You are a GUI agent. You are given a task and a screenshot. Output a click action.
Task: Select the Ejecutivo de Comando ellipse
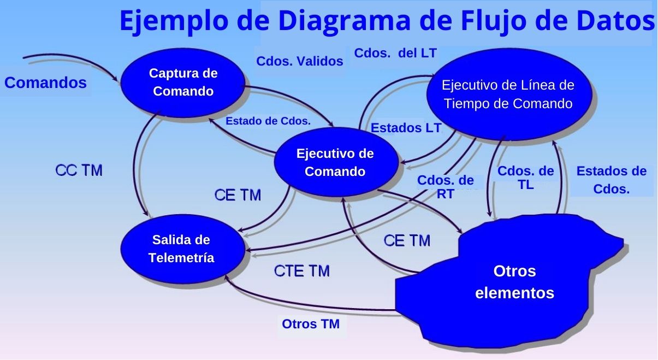335,162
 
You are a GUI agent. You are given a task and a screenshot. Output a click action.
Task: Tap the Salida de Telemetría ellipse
181,249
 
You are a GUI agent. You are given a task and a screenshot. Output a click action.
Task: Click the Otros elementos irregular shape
514,282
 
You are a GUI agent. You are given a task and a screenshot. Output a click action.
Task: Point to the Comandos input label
46,83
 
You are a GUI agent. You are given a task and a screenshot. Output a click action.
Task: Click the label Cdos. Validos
300,62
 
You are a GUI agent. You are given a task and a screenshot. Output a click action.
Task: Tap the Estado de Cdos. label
268,121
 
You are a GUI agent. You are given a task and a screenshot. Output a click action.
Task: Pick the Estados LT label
406,128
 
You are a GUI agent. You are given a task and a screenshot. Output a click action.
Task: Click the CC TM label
79,170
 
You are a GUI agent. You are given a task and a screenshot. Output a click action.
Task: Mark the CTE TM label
301,271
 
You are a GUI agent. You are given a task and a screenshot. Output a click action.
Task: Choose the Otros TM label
311,324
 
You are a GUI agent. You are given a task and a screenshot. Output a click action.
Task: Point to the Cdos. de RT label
445,187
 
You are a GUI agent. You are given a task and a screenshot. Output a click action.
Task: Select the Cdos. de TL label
525,178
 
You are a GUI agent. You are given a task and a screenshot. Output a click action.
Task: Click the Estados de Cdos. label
611,180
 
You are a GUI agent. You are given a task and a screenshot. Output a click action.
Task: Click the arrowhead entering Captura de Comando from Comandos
118,81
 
